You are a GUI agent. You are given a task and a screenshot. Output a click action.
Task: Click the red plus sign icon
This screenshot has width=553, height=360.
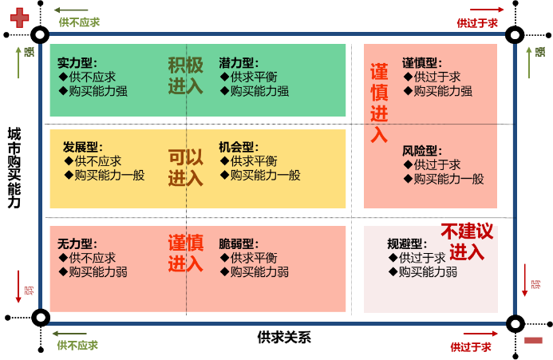point(19,18)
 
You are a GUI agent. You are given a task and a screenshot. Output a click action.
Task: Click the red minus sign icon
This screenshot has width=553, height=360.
point(533,340)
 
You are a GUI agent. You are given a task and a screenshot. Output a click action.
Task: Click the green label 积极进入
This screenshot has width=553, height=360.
point(185,76)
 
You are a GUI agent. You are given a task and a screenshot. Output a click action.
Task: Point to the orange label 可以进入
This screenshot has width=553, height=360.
point(185,168)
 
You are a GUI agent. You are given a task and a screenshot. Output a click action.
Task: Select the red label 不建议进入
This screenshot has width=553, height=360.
point(467,242)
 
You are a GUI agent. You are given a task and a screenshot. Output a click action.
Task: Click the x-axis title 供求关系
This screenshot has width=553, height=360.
point(284,338)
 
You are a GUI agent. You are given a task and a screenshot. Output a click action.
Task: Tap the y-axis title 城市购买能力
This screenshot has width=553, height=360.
point(14,168)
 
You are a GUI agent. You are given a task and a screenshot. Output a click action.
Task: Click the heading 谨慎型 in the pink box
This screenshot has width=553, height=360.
point(422,63)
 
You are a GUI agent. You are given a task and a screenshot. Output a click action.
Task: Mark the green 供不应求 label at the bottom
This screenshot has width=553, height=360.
point(77,345)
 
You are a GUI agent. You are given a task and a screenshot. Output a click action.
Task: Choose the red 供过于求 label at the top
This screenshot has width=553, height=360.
point(477,23)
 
